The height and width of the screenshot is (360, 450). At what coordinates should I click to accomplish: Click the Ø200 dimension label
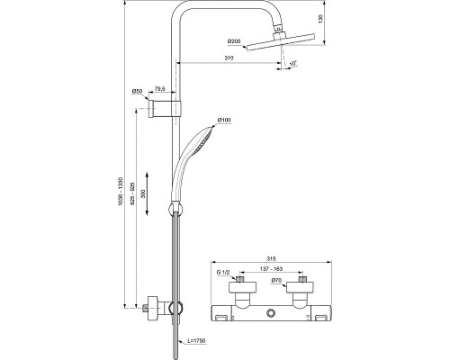click(234, 41)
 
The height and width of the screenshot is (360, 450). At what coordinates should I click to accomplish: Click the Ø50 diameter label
click(137, 91)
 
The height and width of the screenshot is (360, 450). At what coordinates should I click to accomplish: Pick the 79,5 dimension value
click(157, 91)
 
